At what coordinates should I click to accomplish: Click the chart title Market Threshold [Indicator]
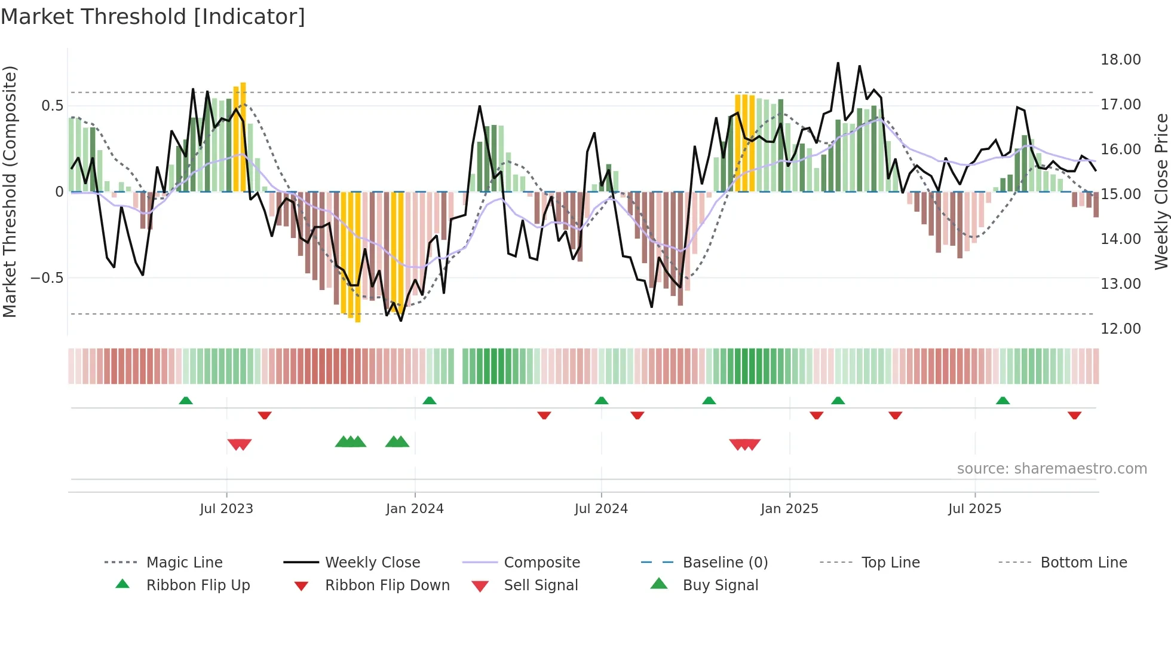point(153,17)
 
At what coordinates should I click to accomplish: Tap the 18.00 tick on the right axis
point(1120,60)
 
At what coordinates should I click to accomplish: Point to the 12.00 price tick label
point(1120,328)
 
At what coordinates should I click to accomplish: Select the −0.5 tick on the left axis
point(47,278)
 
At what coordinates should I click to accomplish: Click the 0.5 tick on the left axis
point(52,106)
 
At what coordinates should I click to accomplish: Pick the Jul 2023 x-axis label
point(226,509)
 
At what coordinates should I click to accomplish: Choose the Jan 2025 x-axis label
point(789,509)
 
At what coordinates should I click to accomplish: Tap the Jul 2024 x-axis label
point(601,509)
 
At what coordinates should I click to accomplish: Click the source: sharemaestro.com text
point(1052,469)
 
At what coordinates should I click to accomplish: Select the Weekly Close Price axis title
point(1161,191)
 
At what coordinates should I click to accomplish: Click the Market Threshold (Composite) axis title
point(10,191)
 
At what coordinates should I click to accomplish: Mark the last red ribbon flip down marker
point(1074,415)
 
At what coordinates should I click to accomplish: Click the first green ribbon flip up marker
point(186,401)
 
